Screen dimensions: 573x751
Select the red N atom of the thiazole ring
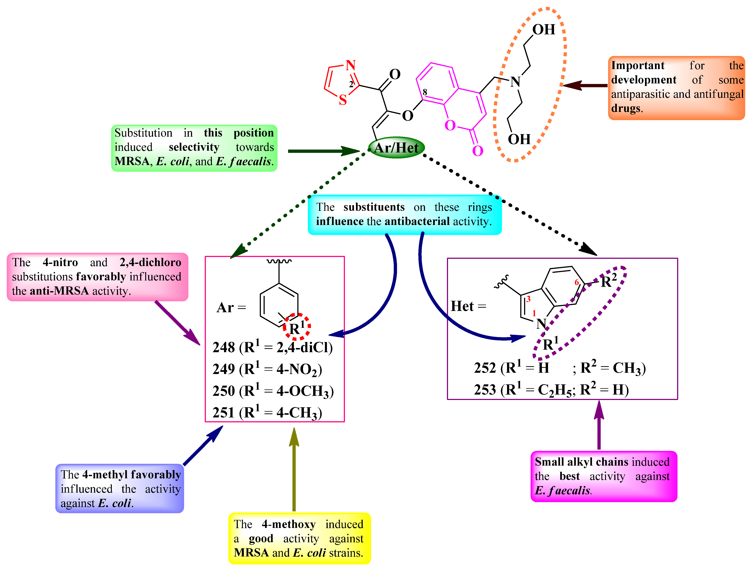[x=351, y=65]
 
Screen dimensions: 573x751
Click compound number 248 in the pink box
[x=223, y=347]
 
